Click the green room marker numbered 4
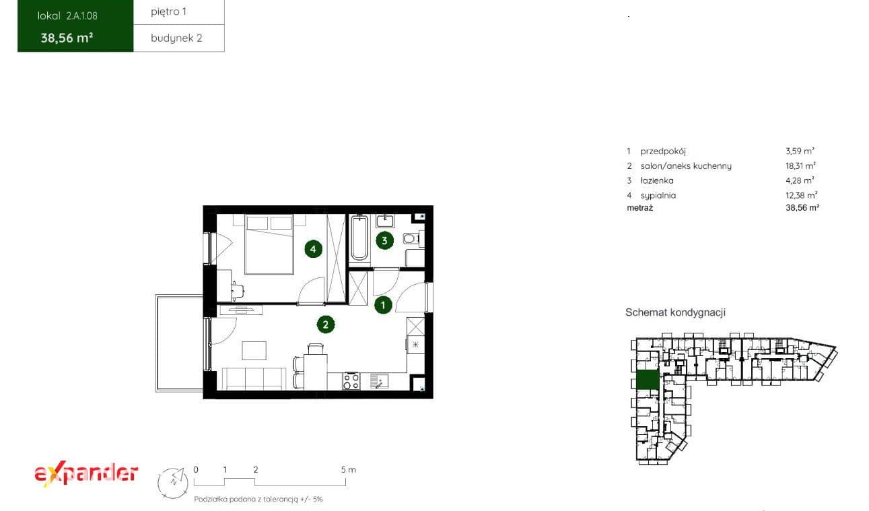[313, 249]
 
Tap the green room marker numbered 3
[384, 240]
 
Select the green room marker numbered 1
[383, 305]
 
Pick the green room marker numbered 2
[326, 325]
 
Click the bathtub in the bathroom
[359, 238]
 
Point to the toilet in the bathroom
[411, 238]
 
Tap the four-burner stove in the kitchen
[351, 380]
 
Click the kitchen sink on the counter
[379, 381]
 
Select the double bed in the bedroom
[269, 244]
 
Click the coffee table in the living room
[254, 350]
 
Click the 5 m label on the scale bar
[349, 470]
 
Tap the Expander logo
[86, 473]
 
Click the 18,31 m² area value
[800, 166]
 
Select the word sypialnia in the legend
[658, 195]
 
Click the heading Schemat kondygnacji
[675, 312]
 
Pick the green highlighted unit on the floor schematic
[648, 380]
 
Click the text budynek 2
[176, 38]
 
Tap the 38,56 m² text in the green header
[67, 38]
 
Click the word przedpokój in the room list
[663, 151]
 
